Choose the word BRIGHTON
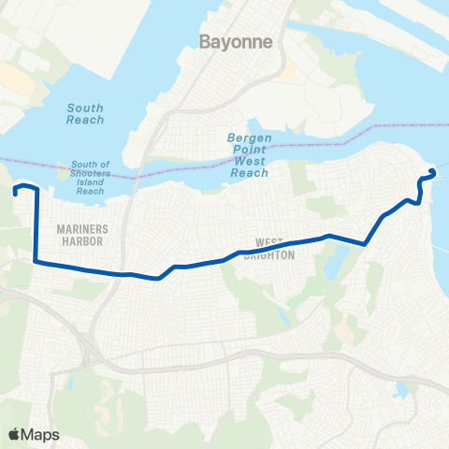click(269, 255)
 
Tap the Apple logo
click(14, 433)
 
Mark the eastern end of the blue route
click(431, 170)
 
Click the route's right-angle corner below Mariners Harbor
click(36, 262)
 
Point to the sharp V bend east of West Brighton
click(364, 243)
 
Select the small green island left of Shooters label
click(64, 171)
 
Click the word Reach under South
click(85, 121)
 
